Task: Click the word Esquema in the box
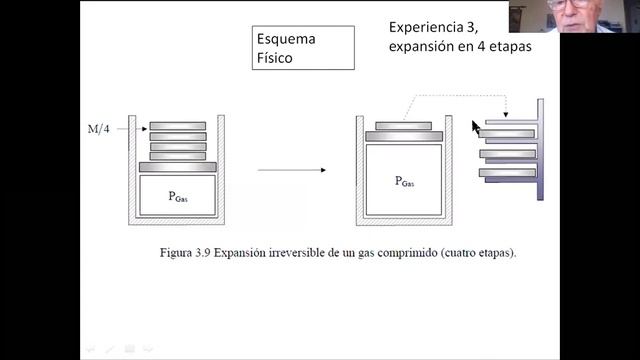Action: coord(285,40)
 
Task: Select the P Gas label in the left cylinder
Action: coord(178,197)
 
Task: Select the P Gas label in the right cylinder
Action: coord(405,181)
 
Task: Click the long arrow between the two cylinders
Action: coord(291,170)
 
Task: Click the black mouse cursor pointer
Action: coord(476,127)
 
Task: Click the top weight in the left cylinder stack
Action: coord(178,126)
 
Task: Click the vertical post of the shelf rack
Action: coord(540,150)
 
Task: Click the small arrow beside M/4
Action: coord(130,129)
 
